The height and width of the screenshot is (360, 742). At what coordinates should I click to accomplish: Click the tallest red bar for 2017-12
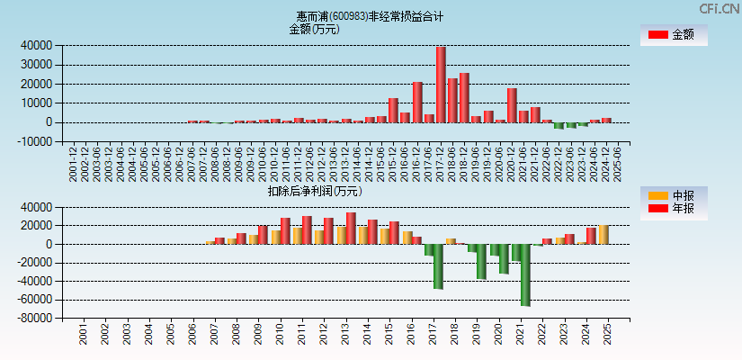click(x=441, y=85)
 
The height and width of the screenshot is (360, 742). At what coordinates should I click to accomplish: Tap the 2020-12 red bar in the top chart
click(x=512, y=105)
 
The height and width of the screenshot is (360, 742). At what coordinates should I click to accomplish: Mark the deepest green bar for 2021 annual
click(x=525, y=274)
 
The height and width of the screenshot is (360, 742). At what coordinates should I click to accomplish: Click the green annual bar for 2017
click(x=438, y=266)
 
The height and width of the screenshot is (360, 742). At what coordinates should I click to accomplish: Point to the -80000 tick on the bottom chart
click(x=34, y=318)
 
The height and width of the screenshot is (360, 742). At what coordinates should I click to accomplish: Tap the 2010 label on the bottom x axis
click(x=280, y=335)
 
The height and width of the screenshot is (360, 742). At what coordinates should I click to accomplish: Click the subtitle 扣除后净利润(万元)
click(x=315, y=191)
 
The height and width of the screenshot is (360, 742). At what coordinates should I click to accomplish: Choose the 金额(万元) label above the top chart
click(x=314, y=29)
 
